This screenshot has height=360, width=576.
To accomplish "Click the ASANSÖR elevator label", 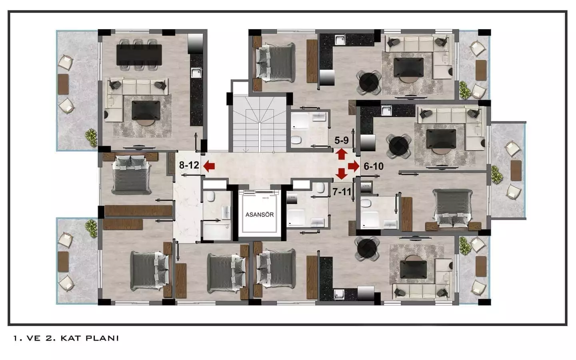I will pos(259,214).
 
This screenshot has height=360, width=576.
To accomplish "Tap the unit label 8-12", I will pos(189,165).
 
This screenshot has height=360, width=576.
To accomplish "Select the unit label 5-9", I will pos(342,140).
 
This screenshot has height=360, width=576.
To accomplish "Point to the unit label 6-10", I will pos(374,166).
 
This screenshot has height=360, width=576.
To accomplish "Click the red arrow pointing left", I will pos(208,166).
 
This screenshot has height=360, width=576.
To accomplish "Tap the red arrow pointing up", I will pos(341,154).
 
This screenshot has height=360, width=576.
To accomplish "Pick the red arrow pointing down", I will pos(341,174).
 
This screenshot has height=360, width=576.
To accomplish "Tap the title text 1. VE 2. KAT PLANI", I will pos(66,338).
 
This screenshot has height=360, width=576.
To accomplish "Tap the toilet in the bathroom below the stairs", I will pos(296,140).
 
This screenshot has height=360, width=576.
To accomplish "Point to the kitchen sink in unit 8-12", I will pos(196,73).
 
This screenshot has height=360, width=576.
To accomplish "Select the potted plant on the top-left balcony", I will pos(92,136).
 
